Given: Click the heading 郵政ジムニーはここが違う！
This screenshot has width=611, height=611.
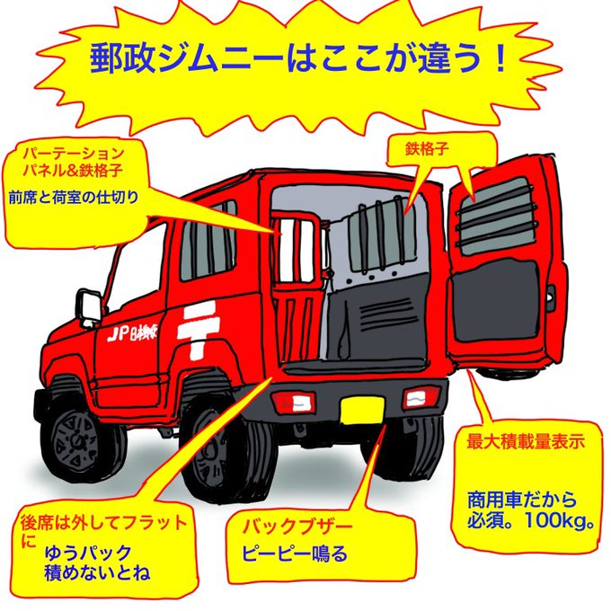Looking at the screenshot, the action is [x=300, y=59].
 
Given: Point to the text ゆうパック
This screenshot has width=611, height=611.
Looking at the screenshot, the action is [x=88, y=552].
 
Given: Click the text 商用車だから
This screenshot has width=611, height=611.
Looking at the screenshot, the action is [x=521, y=500].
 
